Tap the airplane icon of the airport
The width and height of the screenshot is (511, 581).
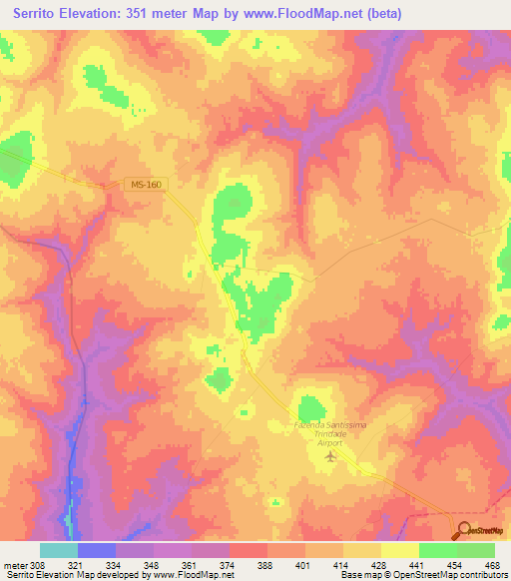click(331, 457)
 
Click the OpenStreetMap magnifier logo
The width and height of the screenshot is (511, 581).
click(464, 531)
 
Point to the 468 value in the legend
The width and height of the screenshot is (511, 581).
click(493, 564)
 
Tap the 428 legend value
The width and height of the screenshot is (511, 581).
click(379, 564)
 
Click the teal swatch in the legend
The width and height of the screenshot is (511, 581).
click(58, 550)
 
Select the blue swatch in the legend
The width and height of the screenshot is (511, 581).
click(96, 550)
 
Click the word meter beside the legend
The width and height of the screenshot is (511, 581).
click(14, 564)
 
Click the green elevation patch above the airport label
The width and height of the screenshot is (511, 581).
click(312, 407)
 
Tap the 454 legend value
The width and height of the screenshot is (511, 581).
click(455, 564)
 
